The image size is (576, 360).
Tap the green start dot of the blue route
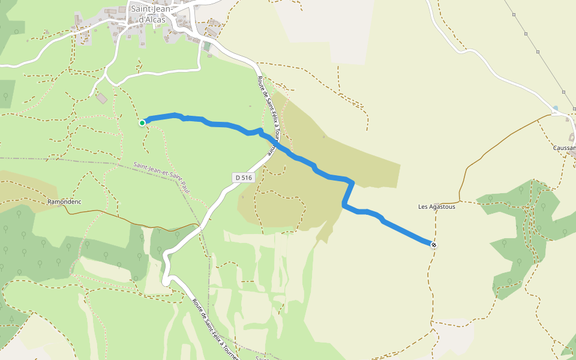tap(142, 123)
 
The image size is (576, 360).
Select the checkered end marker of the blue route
tap(433, 244)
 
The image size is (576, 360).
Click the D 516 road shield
tap(244, 178)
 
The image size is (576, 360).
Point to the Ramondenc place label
tap(64, 202)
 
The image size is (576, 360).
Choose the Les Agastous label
tap(437, 207)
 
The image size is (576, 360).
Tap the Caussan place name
tap(565, 148)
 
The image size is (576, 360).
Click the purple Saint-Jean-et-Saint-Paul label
tap(162, 178)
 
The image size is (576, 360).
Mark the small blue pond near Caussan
tap(556, 109)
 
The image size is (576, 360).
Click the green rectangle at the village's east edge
tap(207, 46)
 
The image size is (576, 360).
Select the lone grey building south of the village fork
tap(102, 98)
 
